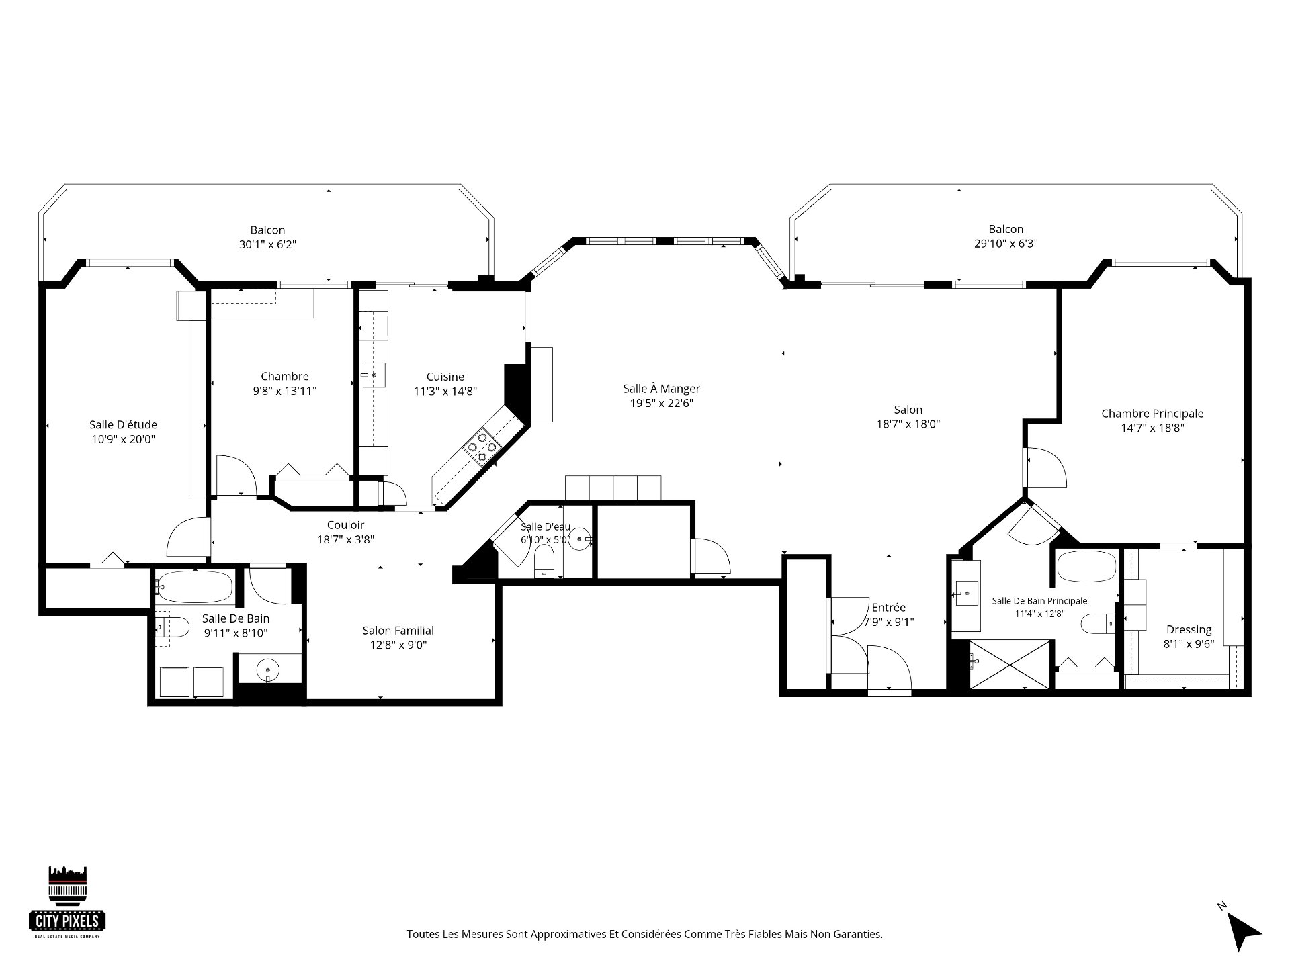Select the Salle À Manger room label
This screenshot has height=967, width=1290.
[x=661, y=389]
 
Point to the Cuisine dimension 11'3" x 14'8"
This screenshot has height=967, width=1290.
[x=445, y=392]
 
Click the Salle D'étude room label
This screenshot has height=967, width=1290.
[x=123, y=424]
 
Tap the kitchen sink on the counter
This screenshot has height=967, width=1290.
[x=374, y=375]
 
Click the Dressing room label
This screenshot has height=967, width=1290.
[x=1189, y=629]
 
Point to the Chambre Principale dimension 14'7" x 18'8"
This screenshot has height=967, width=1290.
[x=1152, y=427]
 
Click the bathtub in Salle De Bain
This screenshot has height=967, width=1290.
[x=194, y=588]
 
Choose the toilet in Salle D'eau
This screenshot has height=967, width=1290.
[x=543, y=562]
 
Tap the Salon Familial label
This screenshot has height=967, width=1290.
[x=398, y=631]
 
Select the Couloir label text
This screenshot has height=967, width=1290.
[x=345, y=525]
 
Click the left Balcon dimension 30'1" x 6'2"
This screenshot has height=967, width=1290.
[x=267, y=245]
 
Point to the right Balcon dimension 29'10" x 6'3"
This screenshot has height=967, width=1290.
[x=1006, y=244]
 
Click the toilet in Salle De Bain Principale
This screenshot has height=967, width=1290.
[x=1098, y=624]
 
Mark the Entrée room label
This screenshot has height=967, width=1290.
[x=888, y=608]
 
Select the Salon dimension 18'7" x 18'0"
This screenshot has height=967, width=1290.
[x=908, y=424]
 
